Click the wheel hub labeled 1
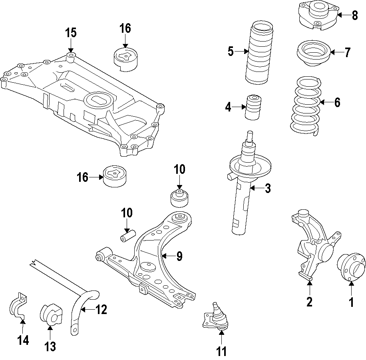351,267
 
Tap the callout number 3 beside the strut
267,188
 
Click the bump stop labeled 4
253,107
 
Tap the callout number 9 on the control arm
179,256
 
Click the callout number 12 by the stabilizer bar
101,309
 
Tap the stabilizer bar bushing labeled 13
51,314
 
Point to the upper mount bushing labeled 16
126,59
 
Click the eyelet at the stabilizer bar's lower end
74,330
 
